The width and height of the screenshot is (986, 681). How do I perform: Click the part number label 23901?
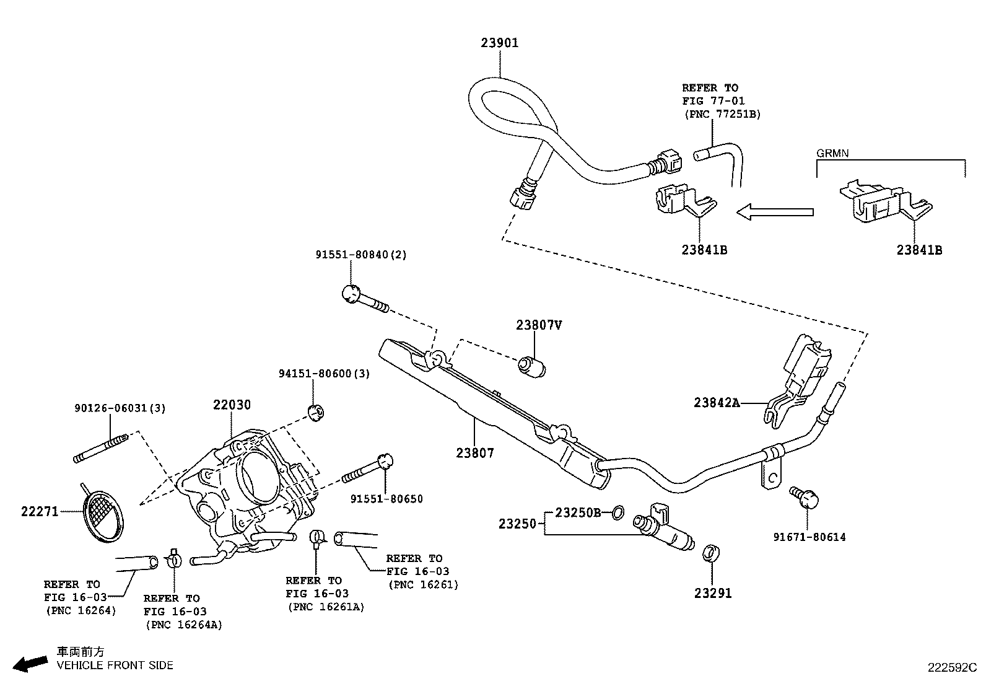tap(500, 43)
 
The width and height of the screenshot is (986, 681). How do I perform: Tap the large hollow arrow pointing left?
tap(774, 213)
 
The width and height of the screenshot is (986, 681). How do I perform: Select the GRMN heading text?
tap(833, 152)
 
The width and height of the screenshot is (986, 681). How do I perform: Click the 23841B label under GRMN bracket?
tap(919, 250)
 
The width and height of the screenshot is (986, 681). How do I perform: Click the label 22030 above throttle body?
tap(232, 405)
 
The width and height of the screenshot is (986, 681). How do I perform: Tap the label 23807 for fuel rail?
tap(475, 453)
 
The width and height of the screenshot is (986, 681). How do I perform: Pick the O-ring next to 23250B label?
tap(617, 512)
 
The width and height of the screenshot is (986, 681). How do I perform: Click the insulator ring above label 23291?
tap(712, 553)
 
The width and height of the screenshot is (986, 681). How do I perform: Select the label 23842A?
tap(717, 403)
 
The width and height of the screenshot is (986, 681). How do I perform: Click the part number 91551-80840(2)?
tap(361, 255)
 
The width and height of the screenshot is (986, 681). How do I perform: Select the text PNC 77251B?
tap(722, 114)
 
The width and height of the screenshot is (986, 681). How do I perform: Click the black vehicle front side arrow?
tap(30, 664)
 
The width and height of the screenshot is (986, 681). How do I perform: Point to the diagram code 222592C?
tap(951, 667)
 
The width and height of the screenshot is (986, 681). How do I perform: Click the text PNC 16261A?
tap(326, 607)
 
